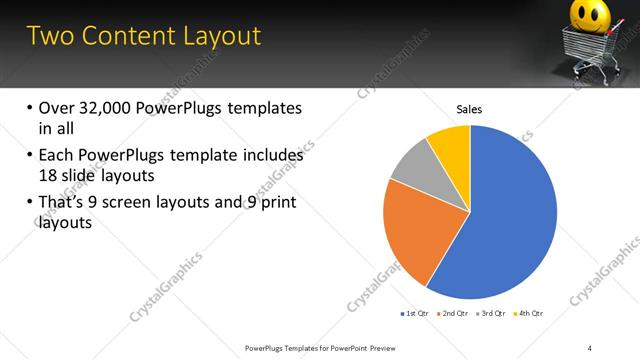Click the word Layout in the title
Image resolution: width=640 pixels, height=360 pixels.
tap(216, 36)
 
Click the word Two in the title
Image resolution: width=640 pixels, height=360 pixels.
tap(50, 36)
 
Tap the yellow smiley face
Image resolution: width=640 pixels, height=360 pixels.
tap(593, 18)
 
